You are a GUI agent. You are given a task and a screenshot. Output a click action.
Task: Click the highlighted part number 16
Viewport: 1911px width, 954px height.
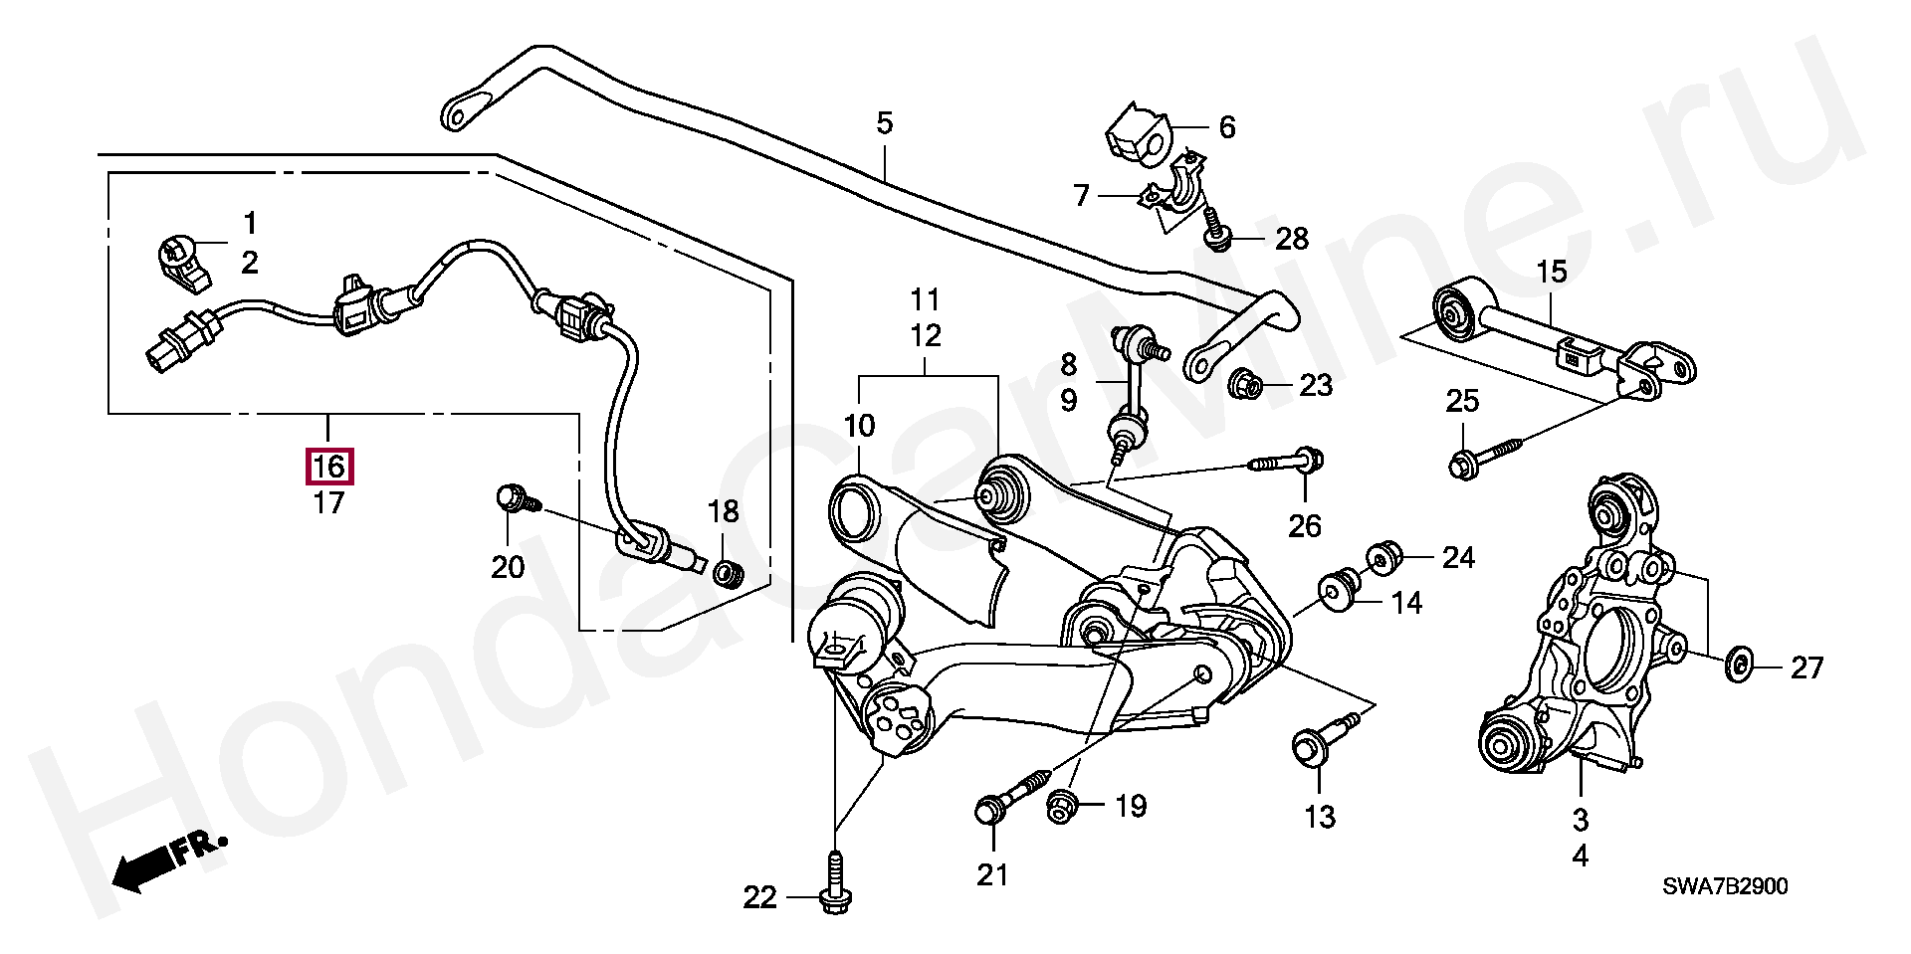click(328, 467)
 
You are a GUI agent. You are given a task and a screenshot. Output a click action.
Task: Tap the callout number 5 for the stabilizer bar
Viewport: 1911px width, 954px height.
click(884, 124)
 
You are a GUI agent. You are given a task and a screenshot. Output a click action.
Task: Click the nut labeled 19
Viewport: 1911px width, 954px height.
click(1061, 806)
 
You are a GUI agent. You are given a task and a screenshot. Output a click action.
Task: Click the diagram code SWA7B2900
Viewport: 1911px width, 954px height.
click(1724, 886)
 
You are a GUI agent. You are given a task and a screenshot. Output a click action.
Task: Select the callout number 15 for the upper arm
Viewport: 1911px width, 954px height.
click(1551, 271)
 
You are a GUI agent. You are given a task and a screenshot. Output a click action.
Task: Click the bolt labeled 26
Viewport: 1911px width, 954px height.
click(1290, 462)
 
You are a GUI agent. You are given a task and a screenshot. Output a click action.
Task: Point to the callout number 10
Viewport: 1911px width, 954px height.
click(859, 426)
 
